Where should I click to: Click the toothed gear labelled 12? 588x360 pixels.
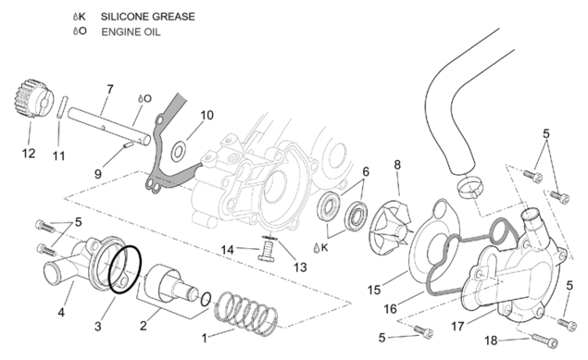pos(31,98)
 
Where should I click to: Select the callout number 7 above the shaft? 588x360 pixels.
pos(109,90)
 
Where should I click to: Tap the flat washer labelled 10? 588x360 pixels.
pos(179,152)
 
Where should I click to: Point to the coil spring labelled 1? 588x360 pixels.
pos(246,313)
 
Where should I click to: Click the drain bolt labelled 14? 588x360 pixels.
pos(266,251)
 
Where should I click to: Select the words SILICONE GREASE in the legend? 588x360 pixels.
pos(148,17)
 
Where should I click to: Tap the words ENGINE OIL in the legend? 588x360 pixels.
pos(131,31)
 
